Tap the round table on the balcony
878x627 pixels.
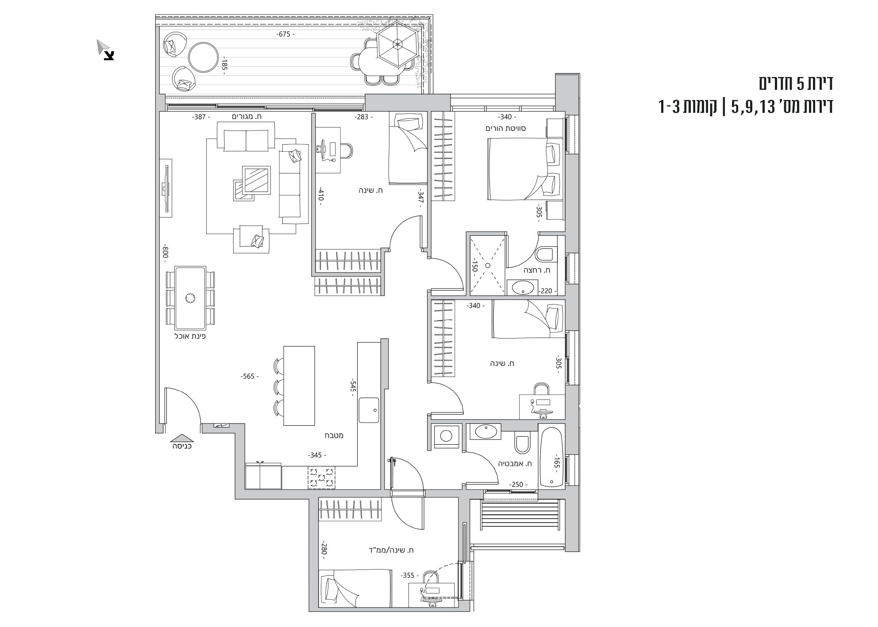[x=203, y=57]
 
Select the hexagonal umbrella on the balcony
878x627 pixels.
[x=397, y=44]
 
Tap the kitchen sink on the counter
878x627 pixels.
[x=369, y=410]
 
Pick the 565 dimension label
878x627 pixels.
[x=249, y=377]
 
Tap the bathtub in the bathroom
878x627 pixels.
[x=551, y=457]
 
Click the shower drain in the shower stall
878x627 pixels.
[x=487, y=265]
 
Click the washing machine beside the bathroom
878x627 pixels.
[x=446, y=436]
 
